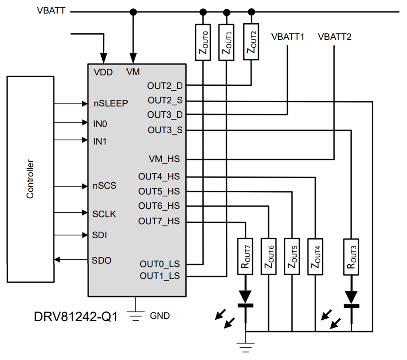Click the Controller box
click(30, 179)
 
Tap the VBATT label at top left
click(51, 10)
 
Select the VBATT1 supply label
click(287, 37)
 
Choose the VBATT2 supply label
click(334, 37)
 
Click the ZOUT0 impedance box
click(203, 42)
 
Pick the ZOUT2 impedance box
click(251, 42)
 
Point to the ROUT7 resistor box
click(245, 256)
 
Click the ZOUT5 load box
click(292, 256)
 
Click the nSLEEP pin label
click(111, 103)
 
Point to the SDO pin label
click(101, 260)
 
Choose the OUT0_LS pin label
click(159, 264)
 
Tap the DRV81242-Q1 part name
click(76, 316)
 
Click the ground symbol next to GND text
click(136, 315)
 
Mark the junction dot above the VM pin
click(134, 12)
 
